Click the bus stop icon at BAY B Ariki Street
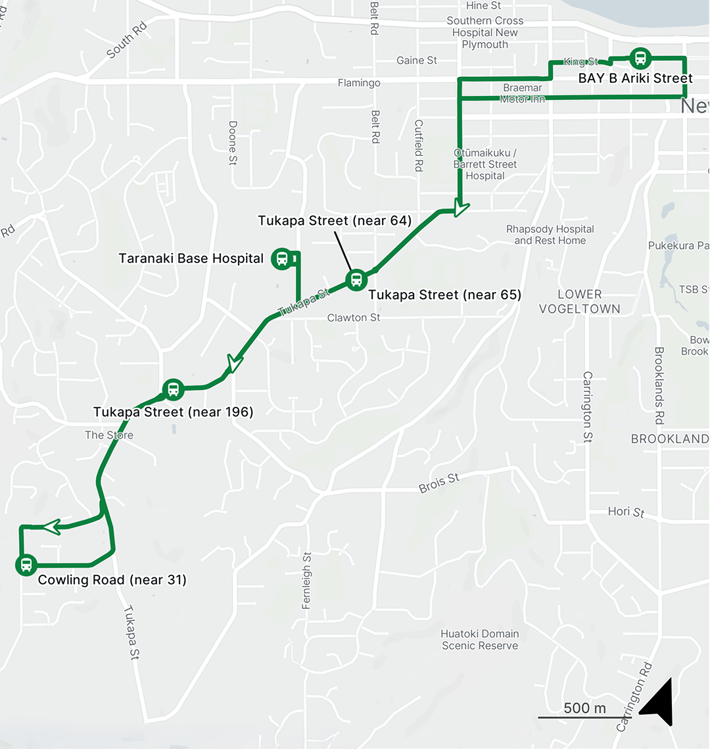pyautogui.click(x=640, y=59)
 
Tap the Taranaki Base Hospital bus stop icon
pyautogui.click(x=281, y=258)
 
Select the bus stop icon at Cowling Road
pyautogui.click(x=26, y=564)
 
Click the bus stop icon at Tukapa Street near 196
pyautogui.click(x=173, y=389)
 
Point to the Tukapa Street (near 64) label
pyautogui.click(x=334, y=220)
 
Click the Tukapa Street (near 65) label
pyautogui.click(x=444, y=295)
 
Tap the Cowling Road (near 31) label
pyautogui.click(x=112, y=580)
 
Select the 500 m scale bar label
pyautogui.click(x=584, y=708)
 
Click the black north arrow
pyautogui.click(x=659, y=703)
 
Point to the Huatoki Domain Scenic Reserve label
pyautogui.click(x=480, y=640)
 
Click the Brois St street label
pyautogui.click(x=439, y=483)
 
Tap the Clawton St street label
pyautogui.click(x=354, y=318)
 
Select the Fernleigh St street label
pyautogui.click(x=306, y=580)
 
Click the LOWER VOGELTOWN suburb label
pyautogui.click(x=579, y=301)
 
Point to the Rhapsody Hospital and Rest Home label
pyautogui.click(x=550, y=235)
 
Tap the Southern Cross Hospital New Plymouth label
pyautogui.click(x=485, y=32)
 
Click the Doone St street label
pyautogui.click(x=233, y=143)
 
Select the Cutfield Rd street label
pyautogui.click(x=418, y=145)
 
